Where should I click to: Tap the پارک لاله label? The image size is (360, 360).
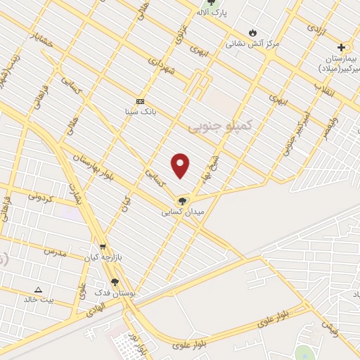pos(212,13)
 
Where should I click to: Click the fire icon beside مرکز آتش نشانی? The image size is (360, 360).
pos(252,32)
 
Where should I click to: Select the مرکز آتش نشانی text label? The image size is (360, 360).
pos(252,44)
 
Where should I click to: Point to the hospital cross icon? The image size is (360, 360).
pos(342,47)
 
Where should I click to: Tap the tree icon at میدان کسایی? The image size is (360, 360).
pos(183,200)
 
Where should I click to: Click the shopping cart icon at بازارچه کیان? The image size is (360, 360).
pos(103,247)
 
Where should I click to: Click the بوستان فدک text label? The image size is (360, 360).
pos(115,292)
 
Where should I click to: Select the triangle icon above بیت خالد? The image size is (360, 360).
pos(38,289)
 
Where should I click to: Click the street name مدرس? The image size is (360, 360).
pos(55,252)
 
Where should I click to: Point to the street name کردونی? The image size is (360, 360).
pos(41,198)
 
